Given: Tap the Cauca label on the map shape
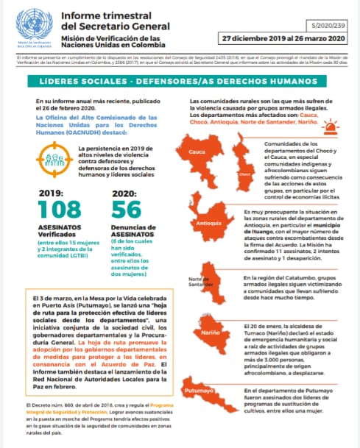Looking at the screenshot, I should (196, 152).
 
